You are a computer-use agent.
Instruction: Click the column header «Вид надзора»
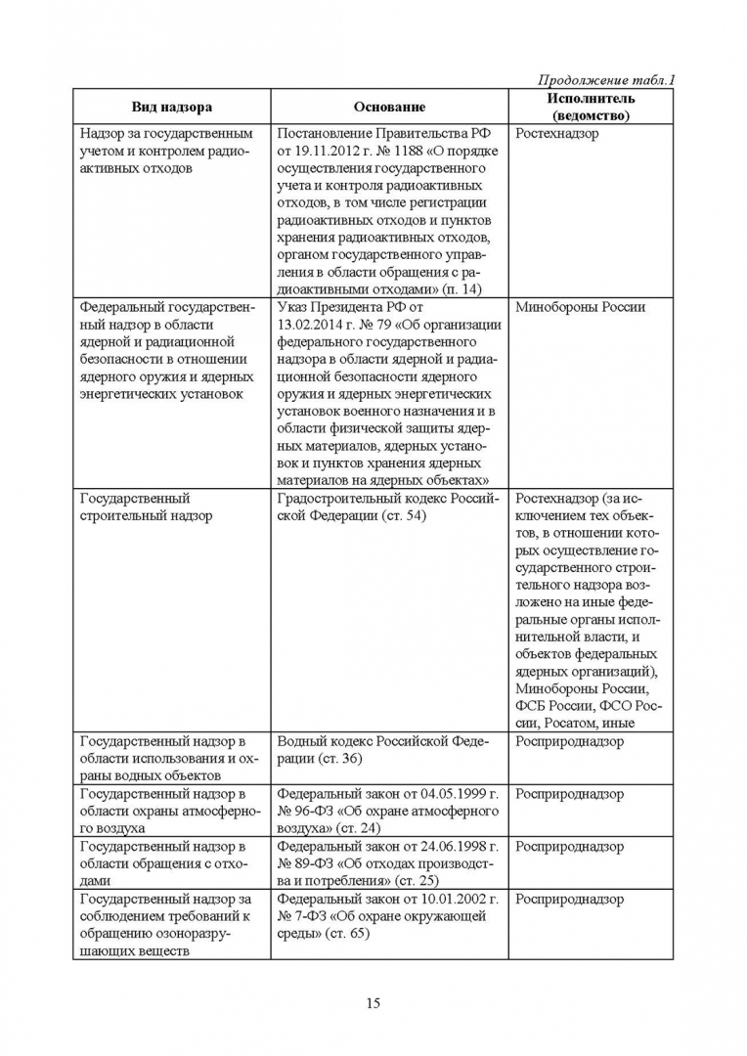coord(172,107)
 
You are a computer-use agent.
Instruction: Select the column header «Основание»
coord(389,107)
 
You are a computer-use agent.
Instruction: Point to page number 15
coord(373,1002)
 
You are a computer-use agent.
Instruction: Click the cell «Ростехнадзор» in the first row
coord(556,133)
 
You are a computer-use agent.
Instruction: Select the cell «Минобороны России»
coord(580,307)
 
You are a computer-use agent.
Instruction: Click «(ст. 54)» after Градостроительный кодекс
coord(394,516)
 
